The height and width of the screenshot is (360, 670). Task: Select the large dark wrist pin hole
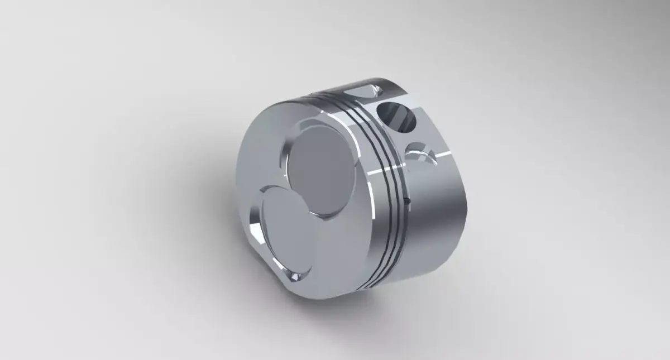397,117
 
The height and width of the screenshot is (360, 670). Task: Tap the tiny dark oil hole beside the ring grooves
408,199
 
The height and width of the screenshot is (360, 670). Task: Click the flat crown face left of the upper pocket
262,151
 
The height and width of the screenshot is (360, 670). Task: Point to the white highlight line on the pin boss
441,152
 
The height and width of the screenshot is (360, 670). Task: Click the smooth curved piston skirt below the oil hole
435,234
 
